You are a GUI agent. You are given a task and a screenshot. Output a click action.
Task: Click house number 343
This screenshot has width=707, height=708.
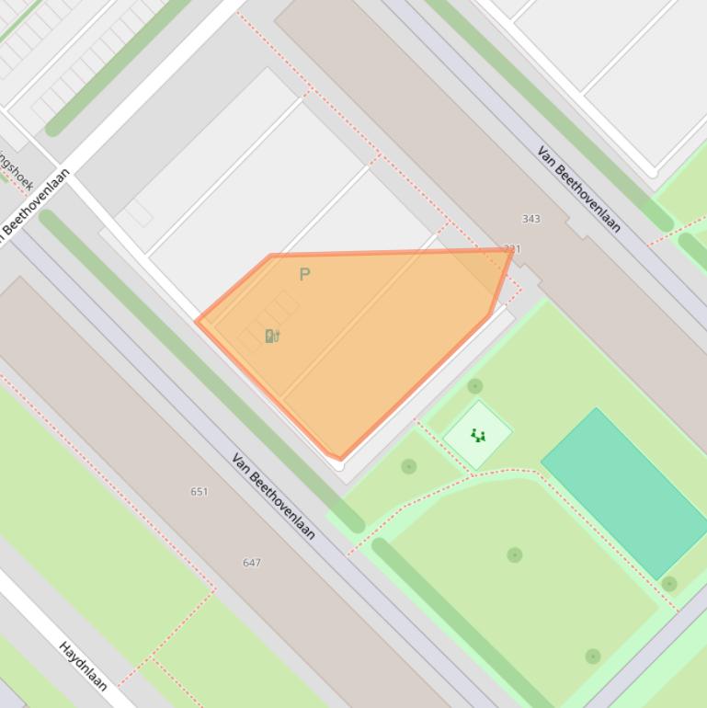pyautogui.click(x=530, y=219)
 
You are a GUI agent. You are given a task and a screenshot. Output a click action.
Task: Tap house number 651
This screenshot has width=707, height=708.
pyautogui.click(x=200, y=492)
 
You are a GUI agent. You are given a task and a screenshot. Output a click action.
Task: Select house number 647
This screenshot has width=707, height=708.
pyautogui.click(x=252, y=563)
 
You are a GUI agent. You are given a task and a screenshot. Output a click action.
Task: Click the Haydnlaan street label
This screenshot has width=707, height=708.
pyautogui.click(x=84, y=666)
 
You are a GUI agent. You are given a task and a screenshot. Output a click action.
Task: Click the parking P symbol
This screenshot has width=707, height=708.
pyautogui.click(x=305, y=274)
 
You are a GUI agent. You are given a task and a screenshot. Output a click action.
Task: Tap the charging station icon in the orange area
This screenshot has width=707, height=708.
pyautogui.click(x=271, y=336)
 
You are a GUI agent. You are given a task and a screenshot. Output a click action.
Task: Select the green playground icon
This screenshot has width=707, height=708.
pyautogui.click(x=478, y=435)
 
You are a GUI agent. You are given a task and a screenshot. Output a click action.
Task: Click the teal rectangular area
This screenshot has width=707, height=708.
pyautogui.click(x=624, y=492)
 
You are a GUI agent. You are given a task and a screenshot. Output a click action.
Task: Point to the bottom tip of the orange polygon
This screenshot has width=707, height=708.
pyautogui.click(x=340, y=458)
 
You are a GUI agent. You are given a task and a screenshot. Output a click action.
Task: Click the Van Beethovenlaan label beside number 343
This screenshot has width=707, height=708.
pyautogui.click(x=579, y=189)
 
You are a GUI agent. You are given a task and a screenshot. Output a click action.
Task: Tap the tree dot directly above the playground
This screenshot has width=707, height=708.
pyautogui.click(x=474, y=386)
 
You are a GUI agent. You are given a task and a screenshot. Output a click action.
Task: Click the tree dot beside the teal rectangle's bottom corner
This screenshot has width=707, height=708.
pyautogui.click(x=669, y=584)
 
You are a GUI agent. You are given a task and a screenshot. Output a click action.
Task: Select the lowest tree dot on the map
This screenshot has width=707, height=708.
pyautogui.click(x=593, y=657)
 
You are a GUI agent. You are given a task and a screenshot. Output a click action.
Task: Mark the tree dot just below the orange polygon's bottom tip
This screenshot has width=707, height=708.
pyautogui.click(x=409, y=467)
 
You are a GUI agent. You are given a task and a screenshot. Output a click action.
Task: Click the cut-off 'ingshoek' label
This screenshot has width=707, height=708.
pyautogui.click(x=17, y=170)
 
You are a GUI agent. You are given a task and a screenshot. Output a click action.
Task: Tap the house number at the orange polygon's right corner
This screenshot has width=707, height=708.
pyautogui.click(x=512, y=249)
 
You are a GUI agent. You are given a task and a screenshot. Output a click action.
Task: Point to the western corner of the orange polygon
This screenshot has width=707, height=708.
pyautogui.click(x=199, y=321)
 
